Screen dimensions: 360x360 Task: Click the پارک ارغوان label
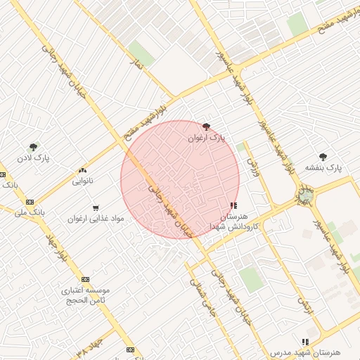[x=207, y=139]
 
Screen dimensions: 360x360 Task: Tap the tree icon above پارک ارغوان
[x=206, y=127]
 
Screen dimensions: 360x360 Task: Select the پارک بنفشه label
[x=323, y=168]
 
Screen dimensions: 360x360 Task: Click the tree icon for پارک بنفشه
[x=323, y=157]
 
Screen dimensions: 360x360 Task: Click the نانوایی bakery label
[x=83, y=181]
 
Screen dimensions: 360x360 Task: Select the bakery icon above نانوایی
[x=83, y=170]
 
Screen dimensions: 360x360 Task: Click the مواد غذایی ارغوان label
[x=96, y=219]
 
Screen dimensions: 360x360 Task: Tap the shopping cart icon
[x=96, y=207]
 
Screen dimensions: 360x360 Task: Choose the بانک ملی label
[x=30, y=210]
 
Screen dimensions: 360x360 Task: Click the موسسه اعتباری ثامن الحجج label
[x=85, y=295]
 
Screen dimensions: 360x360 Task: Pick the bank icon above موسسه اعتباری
[x=85, y=279]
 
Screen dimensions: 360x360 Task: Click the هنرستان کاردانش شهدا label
[x=234, y=221]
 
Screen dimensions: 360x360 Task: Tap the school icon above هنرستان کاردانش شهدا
[x=233, y=205]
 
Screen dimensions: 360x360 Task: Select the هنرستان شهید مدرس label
[x=304, y=351]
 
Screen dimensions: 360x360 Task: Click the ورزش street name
[x=251, y=167]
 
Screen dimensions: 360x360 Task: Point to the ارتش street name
[x=304, y=303]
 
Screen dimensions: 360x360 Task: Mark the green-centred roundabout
[x=305, y=195]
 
